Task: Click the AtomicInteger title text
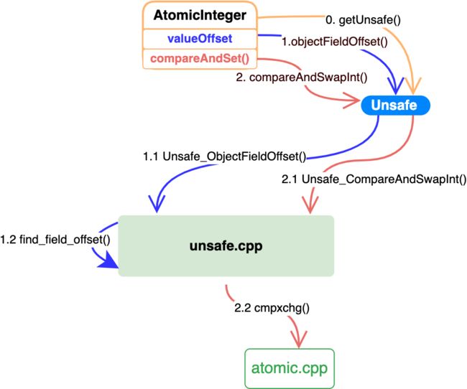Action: click(x=200, y=15)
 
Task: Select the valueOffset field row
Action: click(x=200, y=39)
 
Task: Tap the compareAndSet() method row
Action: click(x=200, y=59)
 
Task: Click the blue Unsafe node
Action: click(x=395, y=105)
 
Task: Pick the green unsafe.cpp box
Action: click(x=226, y=246)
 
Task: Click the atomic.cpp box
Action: click(x=290, y=368)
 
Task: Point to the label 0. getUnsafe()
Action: click(x=363, y=20)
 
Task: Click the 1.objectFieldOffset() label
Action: click(x=335, y=42)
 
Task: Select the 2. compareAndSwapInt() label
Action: click(x=302, y=78)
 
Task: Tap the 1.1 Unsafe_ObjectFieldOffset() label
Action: click(x=225, y=156)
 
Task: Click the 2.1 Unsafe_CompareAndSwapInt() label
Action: click(x=374, y=179)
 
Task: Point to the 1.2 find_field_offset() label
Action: click(x=55, y=239)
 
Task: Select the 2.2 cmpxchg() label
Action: click(x=272, y=308)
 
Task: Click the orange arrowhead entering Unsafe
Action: click(x=413, y=87)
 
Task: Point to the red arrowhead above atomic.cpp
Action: click(x=298, y=339)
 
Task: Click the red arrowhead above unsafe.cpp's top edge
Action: click(x=310, y=205)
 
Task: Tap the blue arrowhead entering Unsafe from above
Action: click(x=396, y=86)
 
